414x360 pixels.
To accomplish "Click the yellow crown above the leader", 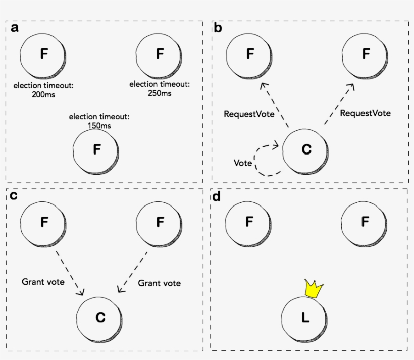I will (x=314, y=289).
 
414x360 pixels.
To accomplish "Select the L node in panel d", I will (x=304, y=318).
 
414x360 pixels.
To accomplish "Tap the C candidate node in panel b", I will (x=305, y=149).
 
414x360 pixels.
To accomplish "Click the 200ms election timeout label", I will (x=43, y=90).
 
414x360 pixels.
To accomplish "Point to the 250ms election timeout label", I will (x=160, y=88).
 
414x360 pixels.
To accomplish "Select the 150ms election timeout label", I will (x=99, y=121).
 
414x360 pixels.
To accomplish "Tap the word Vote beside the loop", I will (x=242, y=163).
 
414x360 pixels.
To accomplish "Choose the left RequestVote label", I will (x=249, y=114).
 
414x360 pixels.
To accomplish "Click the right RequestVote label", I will (x=365, y=113).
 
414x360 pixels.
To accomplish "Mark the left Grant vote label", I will (x=43, y=282).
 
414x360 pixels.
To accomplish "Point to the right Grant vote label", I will (x=159, y=283).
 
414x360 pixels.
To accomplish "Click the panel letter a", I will (x=14, y=28).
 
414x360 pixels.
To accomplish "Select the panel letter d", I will (x=217, y=196).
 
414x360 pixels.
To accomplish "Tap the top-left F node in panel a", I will (x=43, y=54).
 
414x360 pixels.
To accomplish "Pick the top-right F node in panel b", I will (x=366, y=54).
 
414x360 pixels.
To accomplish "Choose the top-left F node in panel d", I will (x=248, y=222).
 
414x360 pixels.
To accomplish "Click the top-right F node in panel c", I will (x=160, y=222).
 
